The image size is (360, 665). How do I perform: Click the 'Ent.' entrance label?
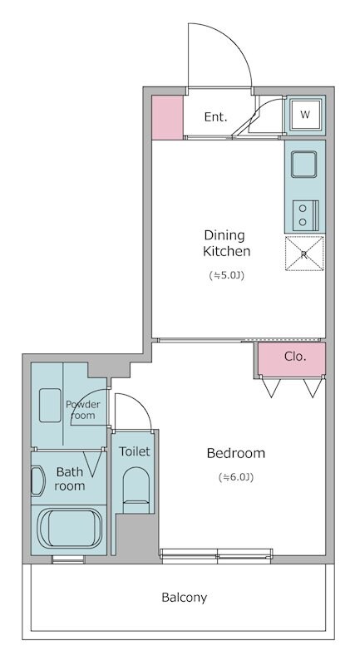pyautogui.click(x=215, y=116)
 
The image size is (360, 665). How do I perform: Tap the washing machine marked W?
pyautogui.click(x=305, y=114)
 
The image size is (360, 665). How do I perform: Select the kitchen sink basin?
pyautogui.click(x=303, y=165)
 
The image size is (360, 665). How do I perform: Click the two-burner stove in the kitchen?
pyautogui.click(x=306, y=214)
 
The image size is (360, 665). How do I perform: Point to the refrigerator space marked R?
pyautogui.click(x=304, y=254)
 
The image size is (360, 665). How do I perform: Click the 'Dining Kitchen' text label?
pyautogui.click(x=226, y=243)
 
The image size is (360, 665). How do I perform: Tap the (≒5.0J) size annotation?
pyautogui.click(x=227, y=276)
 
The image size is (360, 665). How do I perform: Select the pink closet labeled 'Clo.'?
pyautogui.click(x=292, y=359)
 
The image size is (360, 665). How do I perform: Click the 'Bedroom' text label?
pyautogui.click(x=236, y=453)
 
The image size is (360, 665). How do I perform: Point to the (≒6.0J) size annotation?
pyautogui.click(x=236, y=477)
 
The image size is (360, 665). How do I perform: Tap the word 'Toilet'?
pyautogui.click(x=135, y=451)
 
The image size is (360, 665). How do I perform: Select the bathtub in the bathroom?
pyautogui.click(x=70, y=529)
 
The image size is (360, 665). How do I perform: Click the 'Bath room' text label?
pyautogui.click(x=70, y=479)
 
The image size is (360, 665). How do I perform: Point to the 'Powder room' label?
pyautogui.click(x=82, y=410)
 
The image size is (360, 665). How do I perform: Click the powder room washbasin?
pyautogui.click(x=50, y=405)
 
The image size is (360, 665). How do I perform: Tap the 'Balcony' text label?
pyautogui.click(x=185, y=598)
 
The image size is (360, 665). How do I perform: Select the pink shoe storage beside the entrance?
pyautogui.click(x=167, y=117)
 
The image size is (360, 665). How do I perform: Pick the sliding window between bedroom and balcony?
pyautogui.click(x=216, y=555)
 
